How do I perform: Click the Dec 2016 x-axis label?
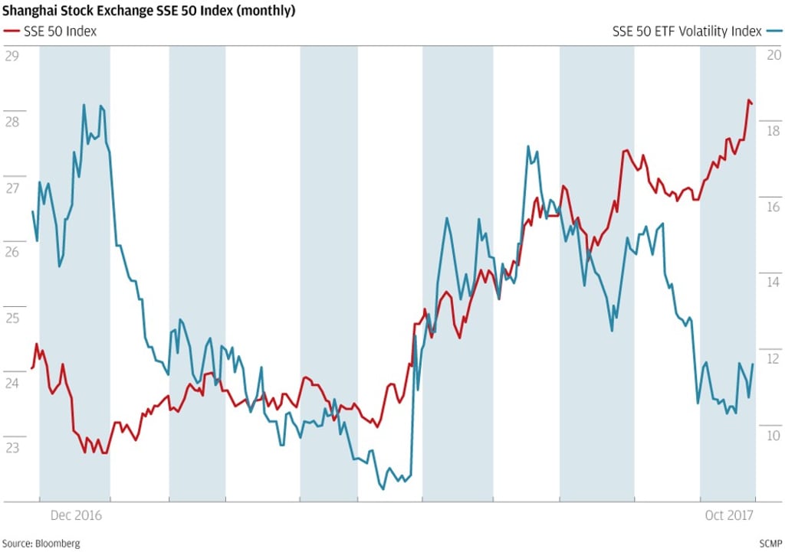pos(75,516)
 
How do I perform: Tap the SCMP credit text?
pos(769,544)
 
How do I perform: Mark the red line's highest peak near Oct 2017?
pos(748,100)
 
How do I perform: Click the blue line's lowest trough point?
pos(383,488)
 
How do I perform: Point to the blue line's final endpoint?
pos(753,364)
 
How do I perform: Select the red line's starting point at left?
pos(31,368)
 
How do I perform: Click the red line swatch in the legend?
pos(11,31)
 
